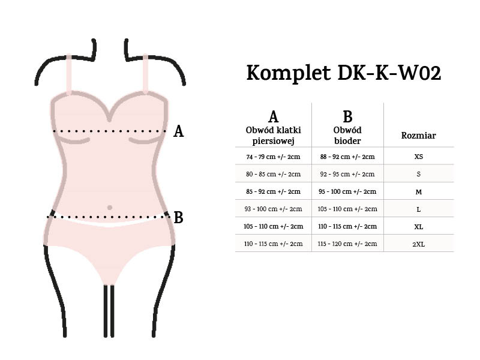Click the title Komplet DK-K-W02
click(x=344, y=73)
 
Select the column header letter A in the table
click(x=273, y=116)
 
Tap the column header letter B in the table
click(x=347, y=116)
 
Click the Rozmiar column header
click(x=418, y=136)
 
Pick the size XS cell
click(x=418, y=157)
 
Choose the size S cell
click(x=418, y=174)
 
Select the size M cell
click(x=418, y=191)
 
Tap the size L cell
click(x=418, y=209)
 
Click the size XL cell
click(x=418, y=226)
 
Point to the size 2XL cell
click(x=418, y=244)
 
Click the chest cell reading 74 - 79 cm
click(x=273, y=157)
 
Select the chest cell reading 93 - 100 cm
click(x=273, y=209)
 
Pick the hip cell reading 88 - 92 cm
click(x=347, y=157)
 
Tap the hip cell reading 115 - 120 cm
click(x=347, y=244)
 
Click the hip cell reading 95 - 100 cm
click(x=347, y=191)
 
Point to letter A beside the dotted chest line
click(x=178, y=131)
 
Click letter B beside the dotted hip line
click(x=178, y=217)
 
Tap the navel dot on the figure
click(x=109, y=208)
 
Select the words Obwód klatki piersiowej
click(x=273, y=136)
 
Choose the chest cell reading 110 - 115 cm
click(x=273, y=244)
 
